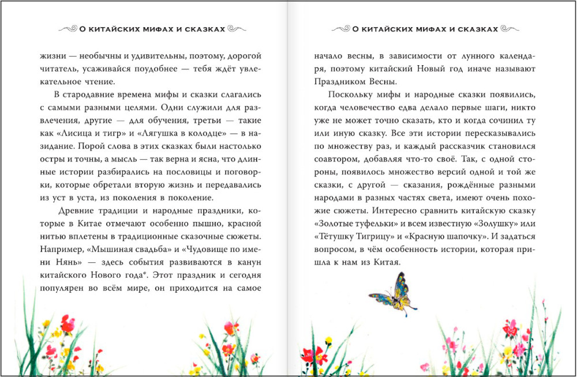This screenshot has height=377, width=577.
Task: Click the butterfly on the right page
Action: tap(393, 293)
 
